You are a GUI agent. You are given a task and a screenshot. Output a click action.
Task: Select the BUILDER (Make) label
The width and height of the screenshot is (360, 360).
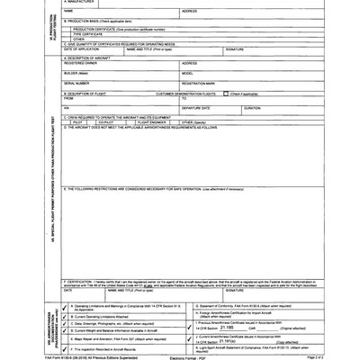pyautogui.click(x=77, y=74)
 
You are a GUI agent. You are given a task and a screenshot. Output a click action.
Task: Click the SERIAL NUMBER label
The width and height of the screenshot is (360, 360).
pyautogui.click(x=77, y=84)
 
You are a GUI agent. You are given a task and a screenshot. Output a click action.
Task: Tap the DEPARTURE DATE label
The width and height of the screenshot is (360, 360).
pyautogui.click(x=197, y=107)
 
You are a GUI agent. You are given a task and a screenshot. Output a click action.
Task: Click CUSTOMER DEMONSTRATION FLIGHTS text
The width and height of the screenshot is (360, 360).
pyautogui.click(x=186, y=94)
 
